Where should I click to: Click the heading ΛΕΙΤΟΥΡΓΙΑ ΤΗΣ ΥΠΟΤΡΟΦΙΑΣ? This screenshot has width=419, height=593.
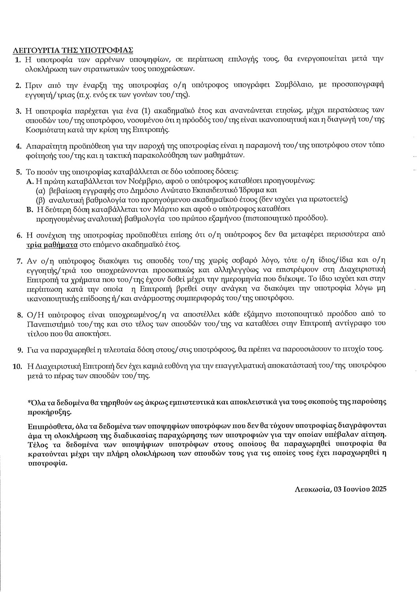[73, 50]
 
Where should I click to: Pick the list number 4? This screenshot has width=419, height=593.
[18, 146]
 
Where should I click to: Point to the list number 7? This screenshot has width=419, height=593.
[18, 261]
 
